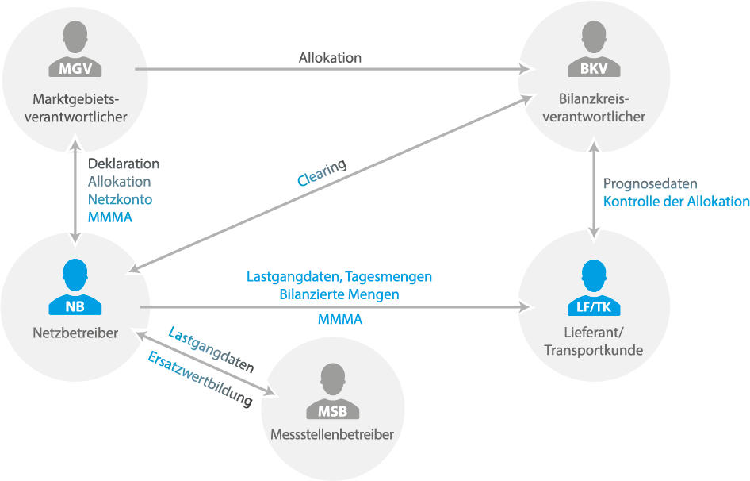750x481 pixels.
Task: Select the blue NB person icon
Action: (x=75, y=287)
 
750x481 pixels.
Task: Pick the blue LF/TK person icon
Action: (x=594, y=287)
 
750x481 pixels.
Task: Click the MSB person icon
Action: (x=332, y=391)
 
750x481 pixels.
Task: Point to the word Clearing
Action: (x=321, y=172)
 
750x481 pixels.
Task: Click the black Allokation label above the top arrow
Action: (x=330, y=58)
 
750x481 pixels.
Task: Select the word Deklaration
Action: (x=124, y=164)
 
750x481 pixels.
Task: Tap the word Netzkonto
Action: (x=120, y=199)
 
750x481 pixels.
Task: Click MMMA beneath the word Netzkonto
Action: (x=110, y=217)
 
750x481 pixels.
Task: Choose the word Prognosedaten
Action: (x=650, y=183)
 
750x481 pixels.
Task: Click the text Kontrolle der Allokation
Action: (x=676, y=202)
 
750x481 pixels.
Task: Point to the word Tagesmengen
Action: (x=388, y=277)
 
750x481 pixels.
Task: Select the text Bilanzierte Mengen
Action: (x=339, y=294)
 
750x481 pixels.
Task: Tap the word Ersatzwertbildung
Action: (x=200, y=379)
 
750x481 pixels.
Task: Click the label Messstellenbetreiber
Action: (x=332, y=434)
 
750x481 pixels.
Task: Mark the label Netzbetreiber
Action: (x=75, y=333)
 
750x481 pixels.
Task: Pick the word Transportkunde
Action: (x=593, y=350)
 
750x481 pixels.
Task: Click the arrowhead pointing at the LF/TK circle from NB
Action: (x=527, y=307)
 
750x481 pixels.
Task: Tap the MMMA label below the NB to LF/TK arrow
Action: (x=340, y=319)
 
